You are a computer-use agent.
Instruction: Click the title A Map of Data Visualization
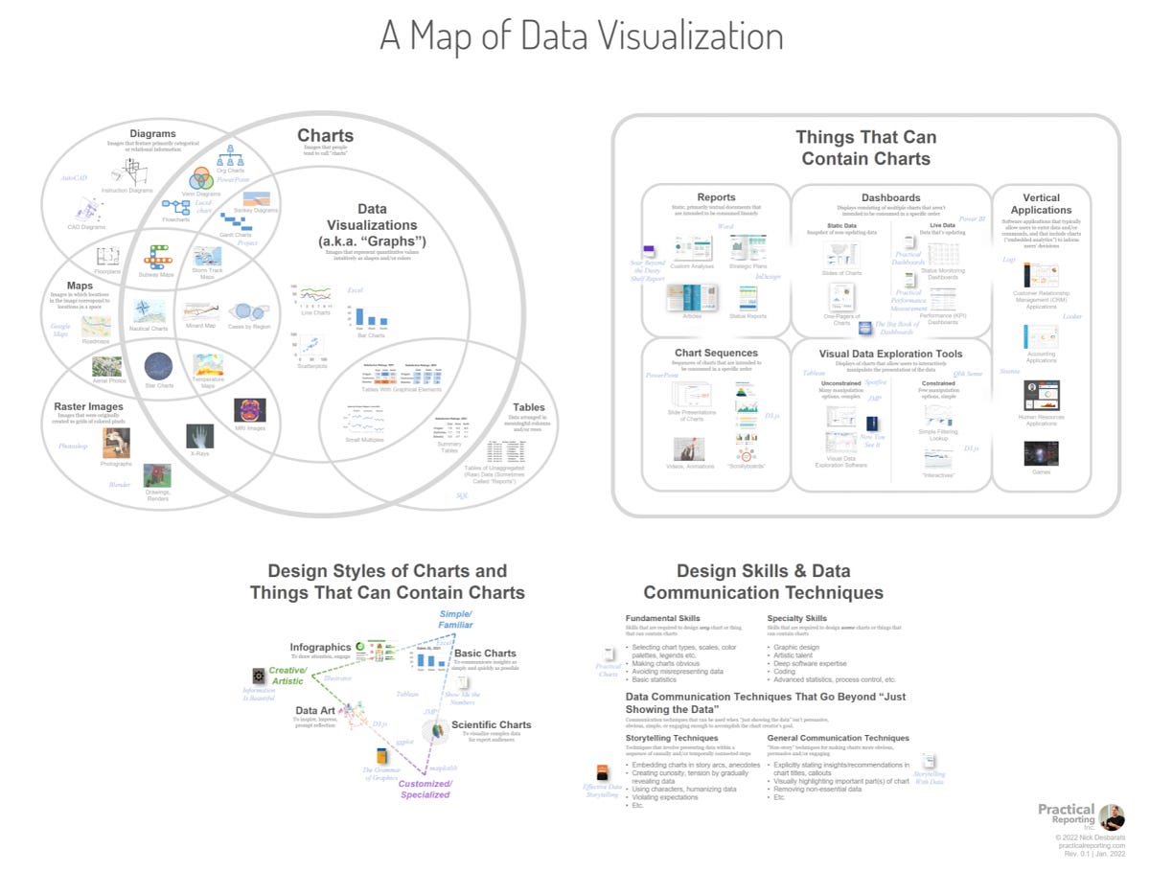click(581, 36)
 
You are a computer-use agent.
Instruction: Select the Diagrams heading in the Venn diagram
click(153, 133)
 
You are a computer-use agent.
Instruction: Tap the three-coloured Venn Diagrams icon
click(201, 178)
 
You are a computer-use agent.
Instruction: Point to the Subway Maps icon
click(157, 257)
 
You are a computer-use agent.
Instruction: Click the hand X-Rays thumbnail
click(199, 436)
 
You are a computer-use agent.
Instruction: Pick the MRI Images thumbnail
click(250, 410)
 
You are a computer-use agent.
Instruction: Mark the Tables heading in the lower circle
click(528, 407)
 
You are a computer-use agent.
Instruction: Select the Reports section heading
click(716, 197)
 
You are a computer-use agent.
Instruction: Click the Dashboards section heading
click(890, 197)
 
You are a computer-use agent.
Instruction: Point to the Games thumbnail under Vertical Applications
click(1041, 453)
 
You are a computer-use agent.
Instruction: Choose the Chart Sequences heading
click(716, 354)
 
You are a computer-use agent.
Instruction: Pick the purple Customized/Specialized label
click(425, 789)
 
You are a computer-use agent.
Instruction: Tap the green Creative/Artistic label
click(287, 676)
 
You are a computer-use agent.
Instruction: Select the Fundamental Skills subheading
click(662, 618)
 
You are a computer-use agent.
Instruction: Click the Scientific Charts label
click(491, 725)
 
